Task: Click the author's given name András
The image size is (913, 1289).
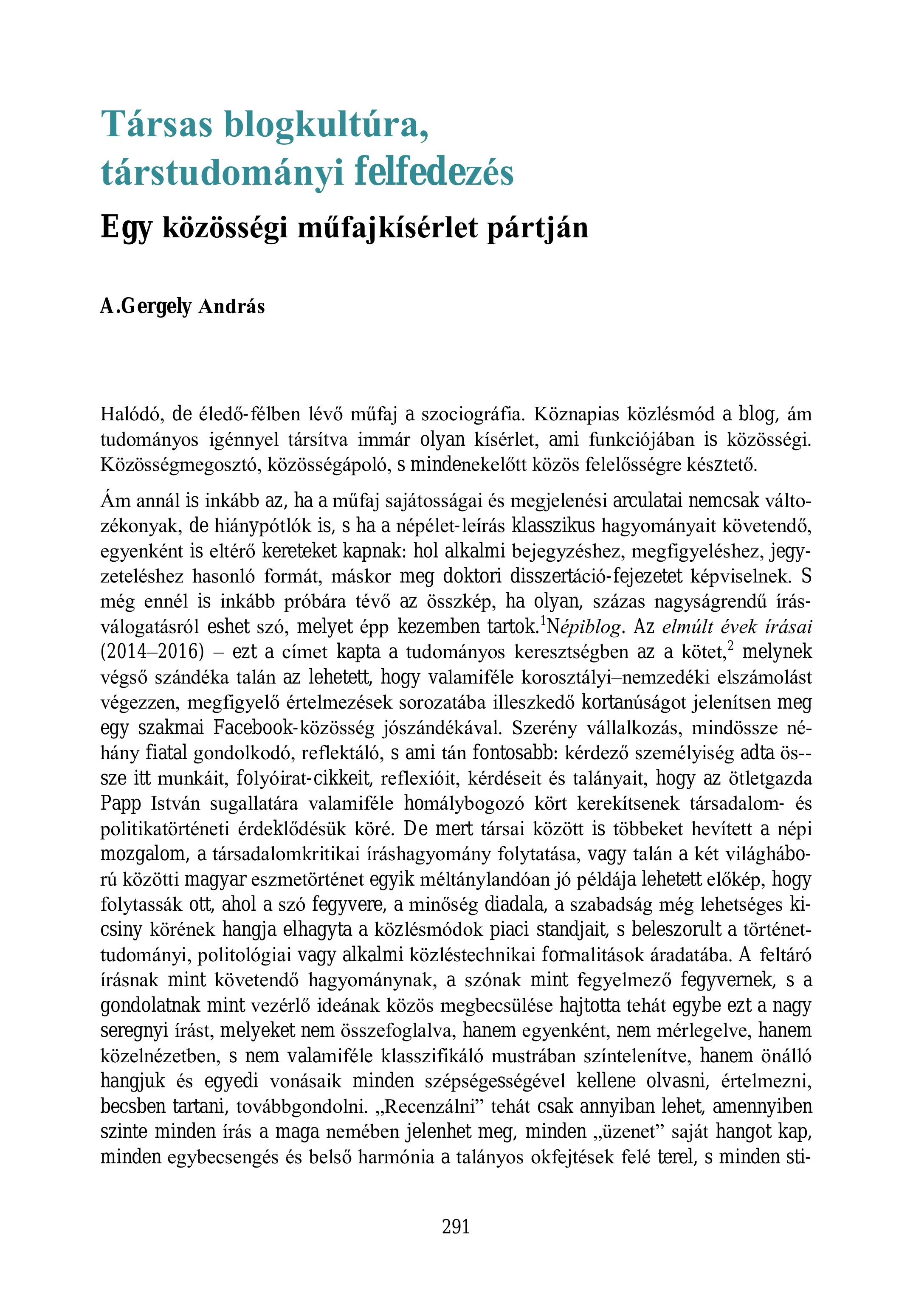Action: (x=231, y=307)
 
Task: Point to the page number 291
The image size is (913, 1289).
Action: (x=456, y=1227)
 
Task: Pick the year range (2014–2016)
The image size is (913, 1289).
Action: (x=152, y=652)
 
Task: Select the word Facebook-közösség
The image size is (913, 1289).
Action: (x=293, y=728)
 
